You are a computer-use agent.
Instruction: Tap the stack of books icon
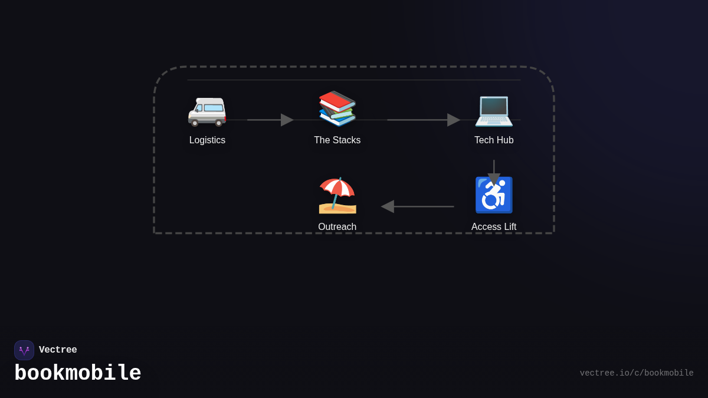coord(337,108)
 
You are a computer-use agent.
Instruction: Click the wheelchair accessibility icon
coord(494,195)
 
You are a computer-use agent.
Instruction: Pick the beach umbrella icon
coord(337,195)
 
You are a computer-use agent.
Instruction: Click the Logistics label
coord(207,140)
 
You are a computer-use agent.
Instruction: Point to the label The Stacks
coord(337,140)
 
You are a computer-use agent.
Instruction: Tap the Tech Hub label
coord(494,140)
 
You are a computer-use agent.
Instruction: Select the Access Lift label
coord(494,227)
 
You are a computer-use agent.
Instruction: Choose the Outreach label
coord(337,227)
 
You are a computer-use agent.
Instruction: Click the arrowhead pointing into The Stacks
coord(287,120)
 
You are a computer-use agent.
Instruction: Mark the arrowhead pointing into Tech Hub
coord(453,120)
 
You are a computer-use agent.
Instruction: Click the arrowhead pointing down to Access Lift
coord(494,179)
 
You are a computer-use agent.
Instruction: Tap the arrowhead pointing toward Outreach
coord(388,206)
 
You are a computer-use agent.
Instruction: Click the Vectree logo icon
coord(24,350)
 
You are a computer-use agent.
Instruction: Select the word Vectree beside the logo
coord(58,350)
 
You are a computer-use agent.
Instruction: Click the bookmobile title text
coord(78,373)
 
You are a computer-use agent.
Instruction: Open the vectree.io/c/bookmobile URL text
coord(636,373)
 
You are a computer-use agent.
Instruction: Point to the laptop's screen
coord(494,107)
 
